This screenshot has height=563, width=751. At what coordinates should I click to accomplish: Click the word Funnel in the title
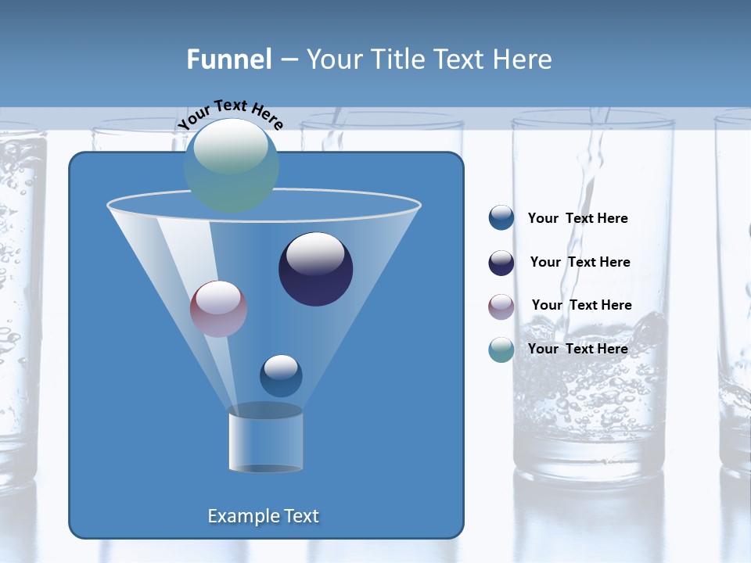click(228, 59)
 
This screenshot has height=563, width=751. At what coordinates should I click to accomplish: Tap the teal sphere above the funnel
click(232, 166)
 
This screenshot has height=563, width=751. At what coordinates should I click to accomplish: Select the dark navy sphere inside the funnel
click(315, 269)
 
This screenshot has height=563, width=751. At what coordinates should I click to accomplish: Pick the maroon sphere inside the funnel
click(219, 309)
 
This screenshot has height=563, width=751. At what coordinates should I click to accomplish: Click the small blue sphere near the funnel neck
click(281, 375)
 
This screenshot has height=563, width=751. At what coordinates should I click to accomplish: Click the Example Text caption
click(263, 516)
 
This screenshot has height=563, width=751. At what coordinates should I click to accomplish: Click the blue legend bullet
click(501, 218)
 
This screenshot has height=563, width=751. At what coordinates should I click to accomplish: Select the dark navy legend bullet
click(501, 263)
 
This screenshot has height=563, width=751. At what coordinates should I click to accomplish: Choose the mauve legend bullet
click(501, 306)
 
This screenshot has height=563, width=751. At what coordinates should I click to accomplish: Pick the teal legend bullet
click(501, 350)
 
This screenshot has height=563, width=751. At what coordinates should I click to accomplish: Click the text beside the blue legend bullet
click(577, 219)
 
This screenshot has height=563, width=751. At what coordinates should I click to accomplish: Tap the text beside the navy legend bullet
click(580, 263)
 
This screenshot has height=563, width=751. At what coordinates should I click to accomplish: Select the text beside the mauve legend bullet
click(581, 306)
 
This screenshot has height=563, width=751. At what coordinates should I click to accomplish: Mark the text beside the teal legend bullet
click(577, 349)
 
